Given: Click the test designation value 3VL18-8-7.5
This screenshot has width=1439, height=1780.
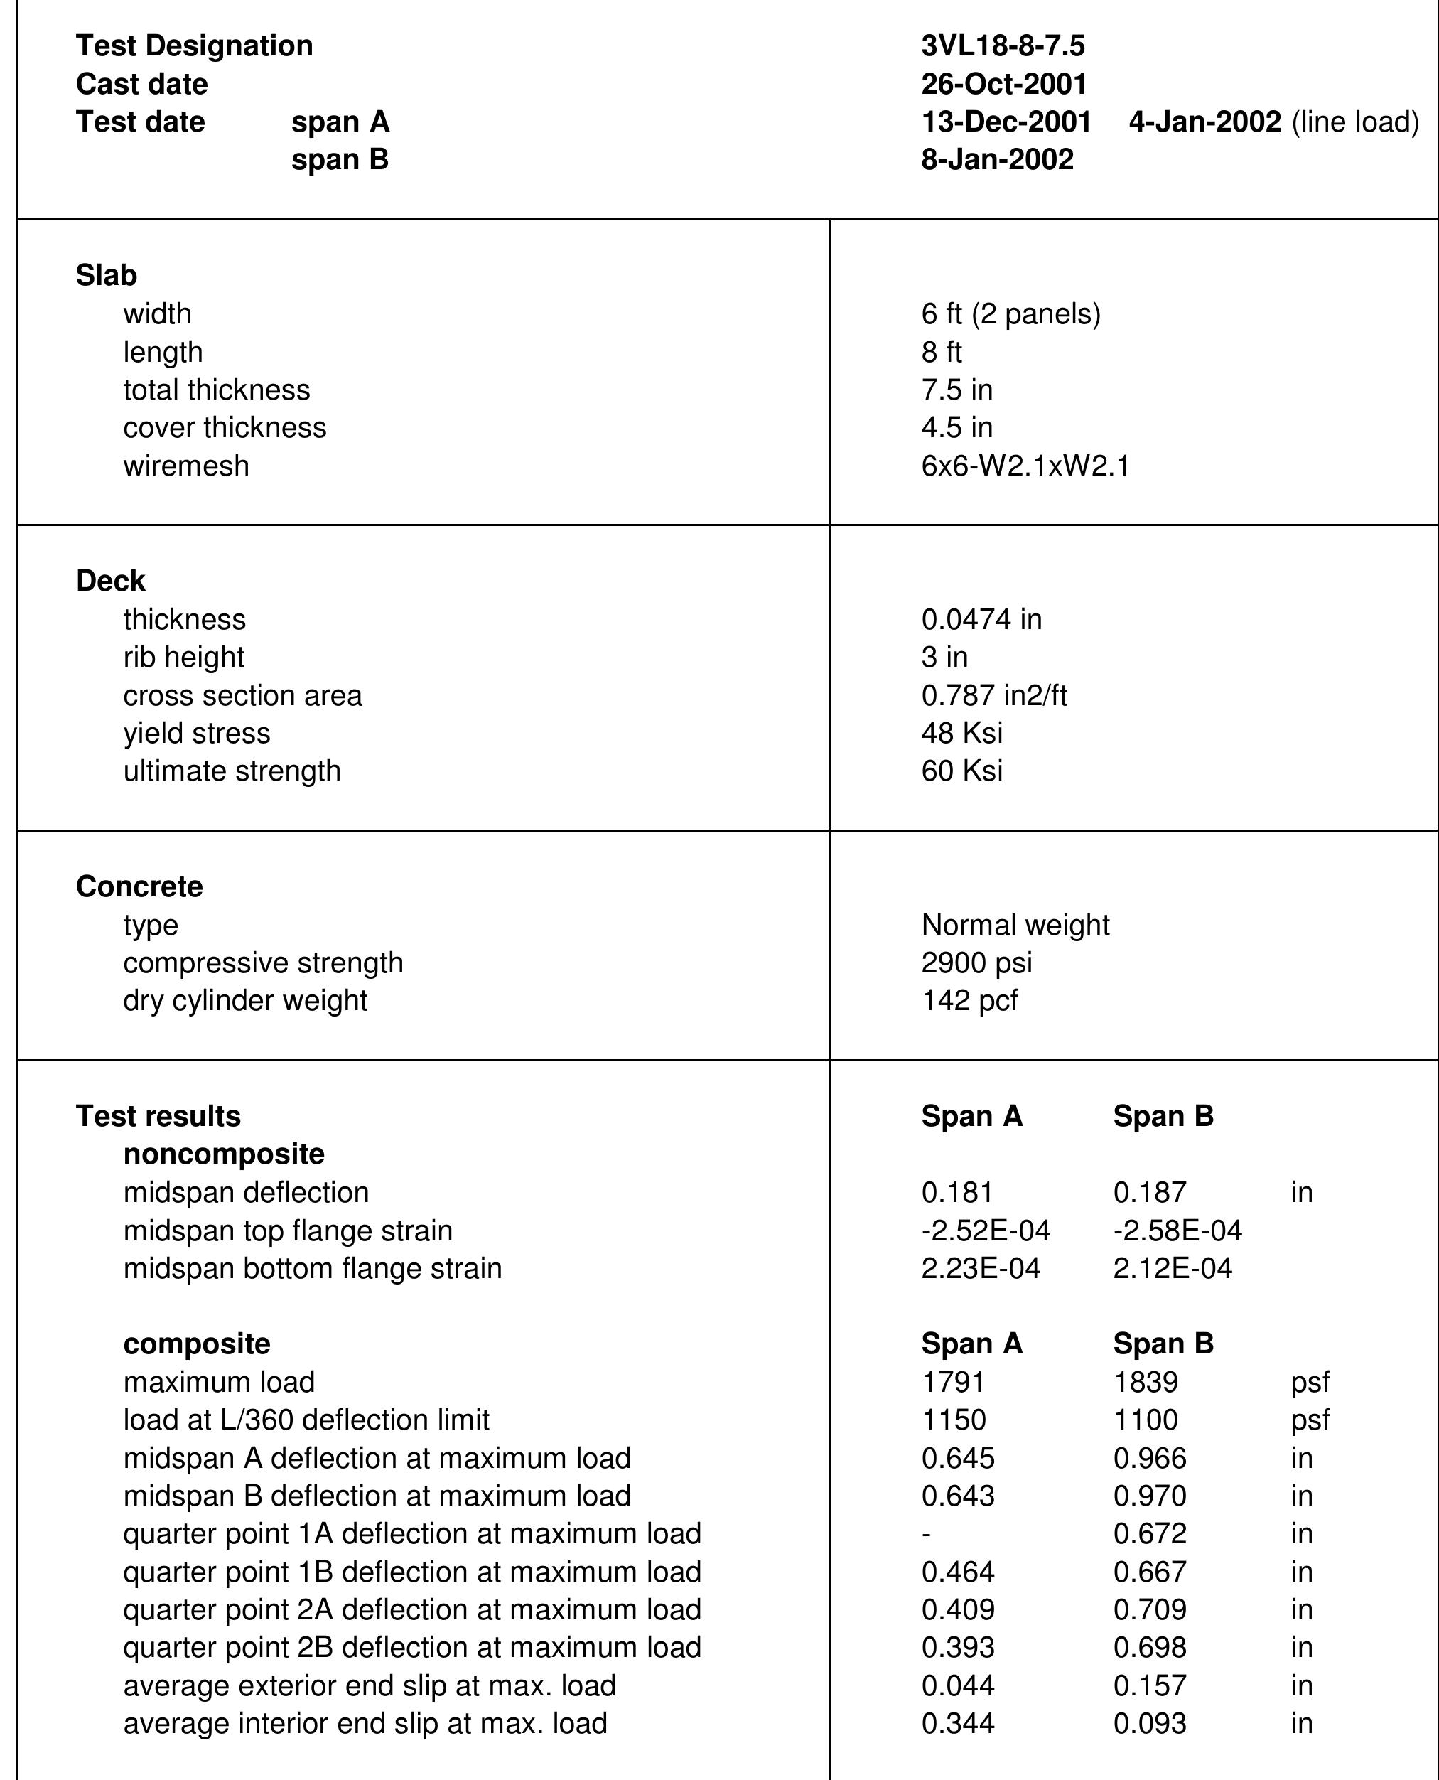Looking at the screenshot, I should pyautogui.click(x=1002, y=45).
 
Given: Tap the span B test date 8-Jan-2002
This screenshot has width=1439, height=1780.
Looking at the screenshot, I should pyautogui.click(x=997, y=159).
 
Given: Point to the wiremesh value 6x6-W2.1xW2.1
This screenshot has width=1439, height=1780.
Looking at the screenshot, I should pyautogui.click(x=1025, y=466).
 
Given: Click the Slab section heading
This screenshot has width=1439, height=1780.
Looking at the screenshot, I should pyautogui.click(x=106, y=275).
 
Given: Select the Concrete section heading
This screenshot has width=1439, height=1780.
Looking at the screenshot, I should pyautogui.click(x=139, y=887).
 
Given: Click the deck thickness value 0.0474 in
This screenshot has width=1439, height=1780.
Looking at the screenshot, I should pyautogui.click(x=981, y=619).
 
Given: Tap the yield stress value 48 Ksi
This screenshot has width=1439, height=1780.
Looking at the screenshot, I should pyautogui.click(x=961, y=733).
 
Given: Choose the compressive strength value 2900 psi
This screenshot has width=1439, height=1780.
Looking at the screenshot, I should pyautogui.click(x=976, y=963).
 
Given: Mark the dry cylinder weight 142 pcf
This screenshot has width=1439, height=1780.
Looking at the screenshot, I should pyautogui.click(x=969, y=1001).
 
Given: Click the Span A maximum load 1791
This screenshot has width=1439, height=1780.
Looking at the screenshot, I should pyautogui.click(x=952, y=1382).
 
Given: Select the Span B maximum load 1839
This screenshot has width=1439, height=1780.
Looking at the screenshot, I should pyautogui.click(x=1145, y=1382).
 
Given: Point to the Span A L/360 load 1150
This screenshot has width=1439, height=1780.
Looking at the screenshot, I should pyautogui.click(x=953, y=1420).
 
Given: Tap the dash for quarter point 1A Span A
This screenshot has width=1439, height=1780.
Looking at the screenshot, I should pyautogui.click(x=927, y=1535).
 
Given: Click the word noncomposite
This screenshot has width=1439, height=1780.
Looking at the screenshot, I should pyautogui.click(x=224, y=1154).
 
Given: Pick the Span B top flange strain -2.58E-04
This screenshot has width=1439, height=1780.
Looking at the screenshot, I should pyautogui.click(x=1177, y=1231).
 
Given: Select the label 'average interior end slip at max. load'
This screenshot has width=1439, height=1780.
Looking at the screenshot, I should pyautogui.click(x=365, y=1724).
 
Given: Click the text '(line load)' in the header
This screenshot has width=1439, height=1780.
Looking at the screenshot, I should pyautogui.click(x=1354, y=122).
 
